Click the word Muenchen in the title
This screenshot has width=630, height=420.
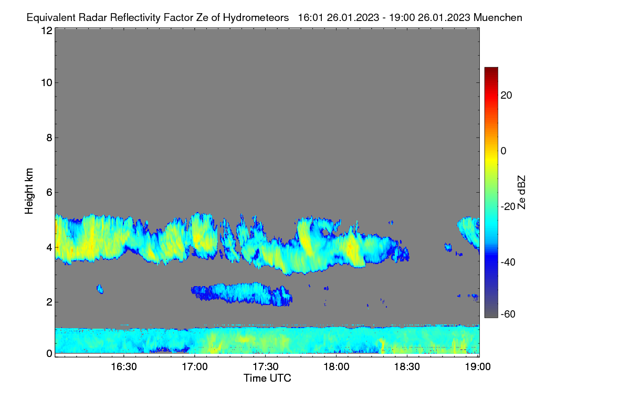coord(498,18)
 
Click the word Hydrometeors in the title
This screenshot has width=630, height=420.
coord(256,18)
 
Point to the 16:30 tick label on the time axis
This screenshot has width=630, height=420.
coord(124,367)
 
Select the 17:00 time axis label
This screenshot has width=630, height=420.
coord(195,367)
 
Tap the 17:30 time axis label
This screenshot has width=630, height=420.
coord(266,367)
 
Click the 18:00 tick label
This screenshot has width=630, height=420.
coord(337,367)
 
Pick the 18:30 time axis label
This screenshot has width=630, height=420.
coord(407,367)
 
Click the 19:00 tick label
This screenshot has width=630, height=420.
coord(478,367)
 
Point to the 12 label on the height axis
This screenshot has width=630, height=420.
coord(47,30)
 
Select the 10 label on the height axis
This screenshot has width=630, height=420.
coord(47,83)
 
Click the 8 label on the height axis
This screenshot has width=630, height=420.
coord(49,138)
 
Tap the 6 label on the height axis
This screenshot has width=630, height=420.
coord(49,193)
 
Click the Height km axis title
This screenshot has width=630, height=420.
coord(29,191)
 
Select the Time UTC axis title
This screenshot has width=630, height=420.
coord(267,378)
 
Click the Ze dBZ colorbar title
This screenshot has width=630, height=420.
coord(521,193)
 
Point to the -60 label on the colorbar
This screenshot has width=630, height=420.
coord(508,314)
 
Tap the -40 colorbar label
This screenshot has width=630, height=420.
coord(508,262)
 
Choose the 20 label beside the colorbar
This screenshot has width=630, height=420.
coord(506,96)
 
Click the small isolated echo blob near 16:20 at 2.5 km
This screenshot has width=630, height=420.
coord(100,289)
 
